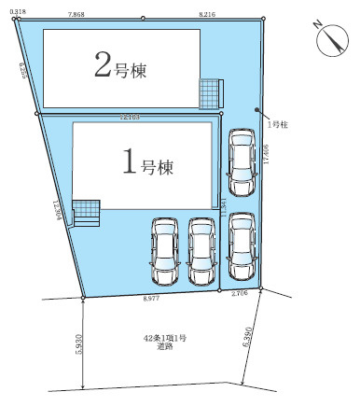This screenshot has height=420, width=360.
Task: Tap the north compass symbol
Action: click(329, 39)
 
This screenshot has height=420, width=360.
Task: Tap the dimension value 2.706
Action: click(239, 293)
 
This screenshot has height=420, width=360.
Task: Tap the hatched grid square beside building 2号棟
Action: click(212, 93)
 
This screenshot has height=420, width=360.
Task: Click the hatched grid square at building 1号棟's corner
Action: click(87, 212)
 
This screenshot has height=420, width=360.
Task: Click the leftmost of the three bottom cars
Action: click(164, 250)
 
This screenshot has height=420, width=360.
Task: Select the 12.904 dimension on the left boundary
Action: click(59, 213)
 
